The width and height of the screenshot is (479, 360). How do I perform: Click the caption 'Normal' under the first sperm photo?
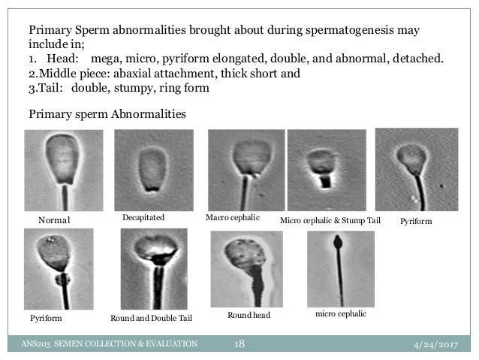tap(53, 221)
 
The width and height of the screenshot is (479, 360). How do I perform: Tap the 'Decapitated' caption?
tap(143, 217)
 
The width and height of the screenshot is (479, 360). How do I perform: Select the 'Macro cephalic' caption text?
tap(232, 217)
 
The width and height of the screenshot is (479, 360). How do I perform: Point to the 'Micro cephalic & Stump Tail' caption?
tap(330, 221)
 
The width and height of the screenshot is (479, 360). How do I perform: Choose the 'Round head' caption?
tap(248, 316)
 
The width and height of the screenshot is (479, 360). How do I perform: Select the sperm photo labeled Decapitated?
tap(153, 169)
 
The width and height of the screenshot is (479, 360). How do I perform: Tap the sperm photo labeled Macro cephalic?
tap(245, 170)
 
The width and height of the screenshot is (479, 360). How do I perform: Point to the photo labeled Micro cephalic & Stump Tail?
tap(326, 170)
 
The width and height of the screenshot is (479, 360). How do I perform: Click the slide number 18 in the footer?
tap(241, 344)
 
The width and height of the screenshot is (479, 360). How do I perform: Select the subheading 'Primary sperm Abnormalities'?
tap(106, 114)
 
